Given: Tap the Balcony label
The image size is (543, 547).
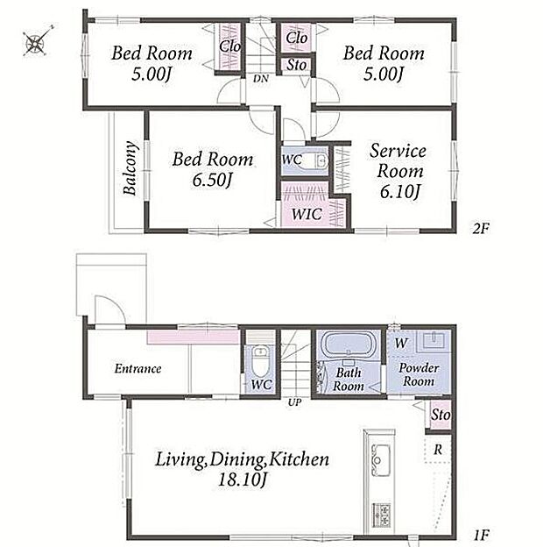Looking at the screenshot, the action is [x=130, y=168].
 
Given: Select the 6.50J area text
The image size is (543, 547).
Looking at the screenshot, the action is [x=212, y=180].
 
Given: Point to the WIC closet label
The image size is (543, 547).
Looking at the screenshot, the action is [x=307, y=214].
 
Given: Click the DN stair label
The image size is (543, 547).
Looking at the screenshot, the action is [x=261, y=79].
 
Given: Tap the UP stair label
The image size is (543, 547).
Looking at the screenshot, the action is [x=294, y=402].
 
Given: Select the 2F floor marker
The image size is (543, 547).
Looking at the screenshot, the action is [x=481, y=229].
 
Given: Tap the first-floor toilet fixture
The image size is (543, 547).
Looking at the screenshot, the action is [x=259, y=359].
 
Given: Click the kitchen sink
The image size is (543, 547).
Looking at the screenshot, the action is [x=381, y=460].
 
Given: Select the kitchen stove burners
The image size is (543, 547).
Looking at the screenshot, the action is [x=382, y=515].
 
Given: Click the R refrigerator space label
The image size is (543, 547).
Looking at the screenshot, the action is [x=438, y=450].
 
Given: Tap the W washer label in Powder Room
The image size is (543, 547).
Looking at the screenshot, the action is [x=401, y=343].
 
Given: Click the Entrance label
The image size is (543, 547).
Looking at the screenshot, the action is [x=138, y=369].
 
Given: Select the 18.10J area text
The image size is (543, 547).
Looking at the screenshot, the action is [x=243, y=480].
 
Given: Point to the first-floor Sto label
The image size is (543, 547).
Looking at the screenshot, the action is [x=441, y=415].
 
